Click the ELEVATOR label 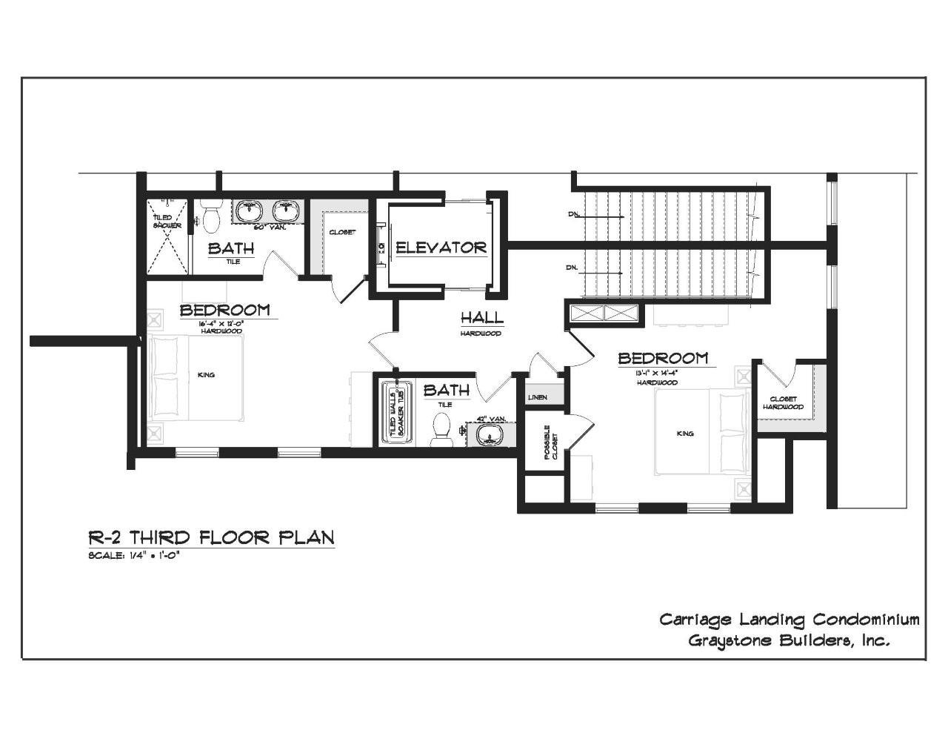(441, 248)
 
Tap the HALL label (481, 318)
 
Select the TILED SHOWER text (162, 221)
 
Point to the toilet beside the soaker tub (441, 429)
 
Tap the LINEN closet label (537, 398)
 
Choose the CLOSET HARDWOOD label (783, 403)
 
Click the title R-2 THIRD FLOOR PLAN (211, 537)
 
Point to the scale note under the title (134, 556)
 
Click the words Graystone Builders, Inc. (789, 640)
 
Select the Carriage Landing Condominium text (790, 620)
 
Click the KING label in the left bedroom (206, 375)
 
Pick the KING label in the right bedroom (685, 433)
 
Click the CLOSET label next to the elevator (342, 232)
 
